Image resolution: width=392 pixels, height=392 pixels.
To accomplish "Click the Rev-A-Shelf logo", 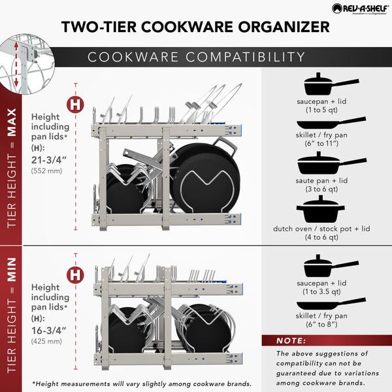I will point(358,8).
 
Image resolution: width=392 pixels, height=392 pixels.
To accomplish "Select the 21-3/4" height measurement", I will point(49,159).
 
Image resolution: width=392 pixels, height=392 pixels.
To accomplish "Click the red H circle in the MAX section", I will point(76,104).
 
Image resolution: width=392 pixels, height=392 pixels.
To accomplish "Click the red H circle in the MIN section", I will point(76,274).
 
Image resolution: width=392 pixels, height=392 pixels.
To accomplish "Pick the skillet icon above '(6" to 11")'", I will point(330,123).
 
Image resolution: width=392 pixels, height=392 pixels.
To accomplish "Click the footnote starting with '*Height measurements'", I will point(140,383).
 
